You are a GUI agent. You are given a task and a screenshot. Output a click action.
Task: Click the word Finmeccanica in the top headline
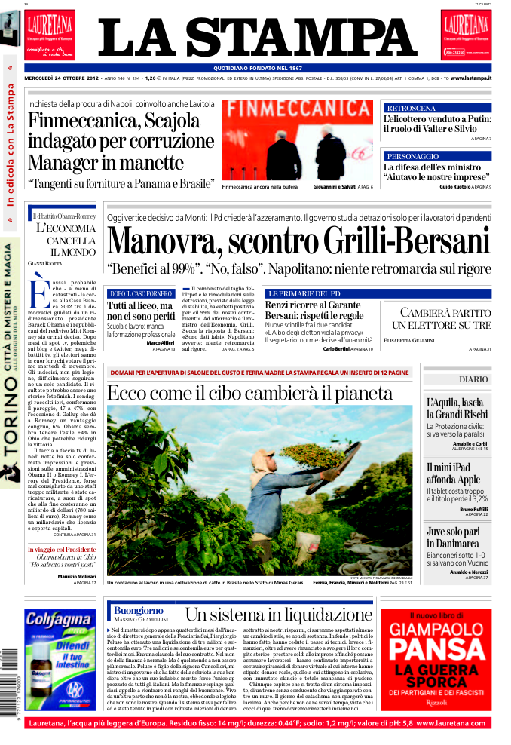coord(72,121)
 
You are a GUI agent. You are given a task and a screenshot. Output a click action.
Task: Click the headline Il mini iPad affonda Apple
coord(453,472)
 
